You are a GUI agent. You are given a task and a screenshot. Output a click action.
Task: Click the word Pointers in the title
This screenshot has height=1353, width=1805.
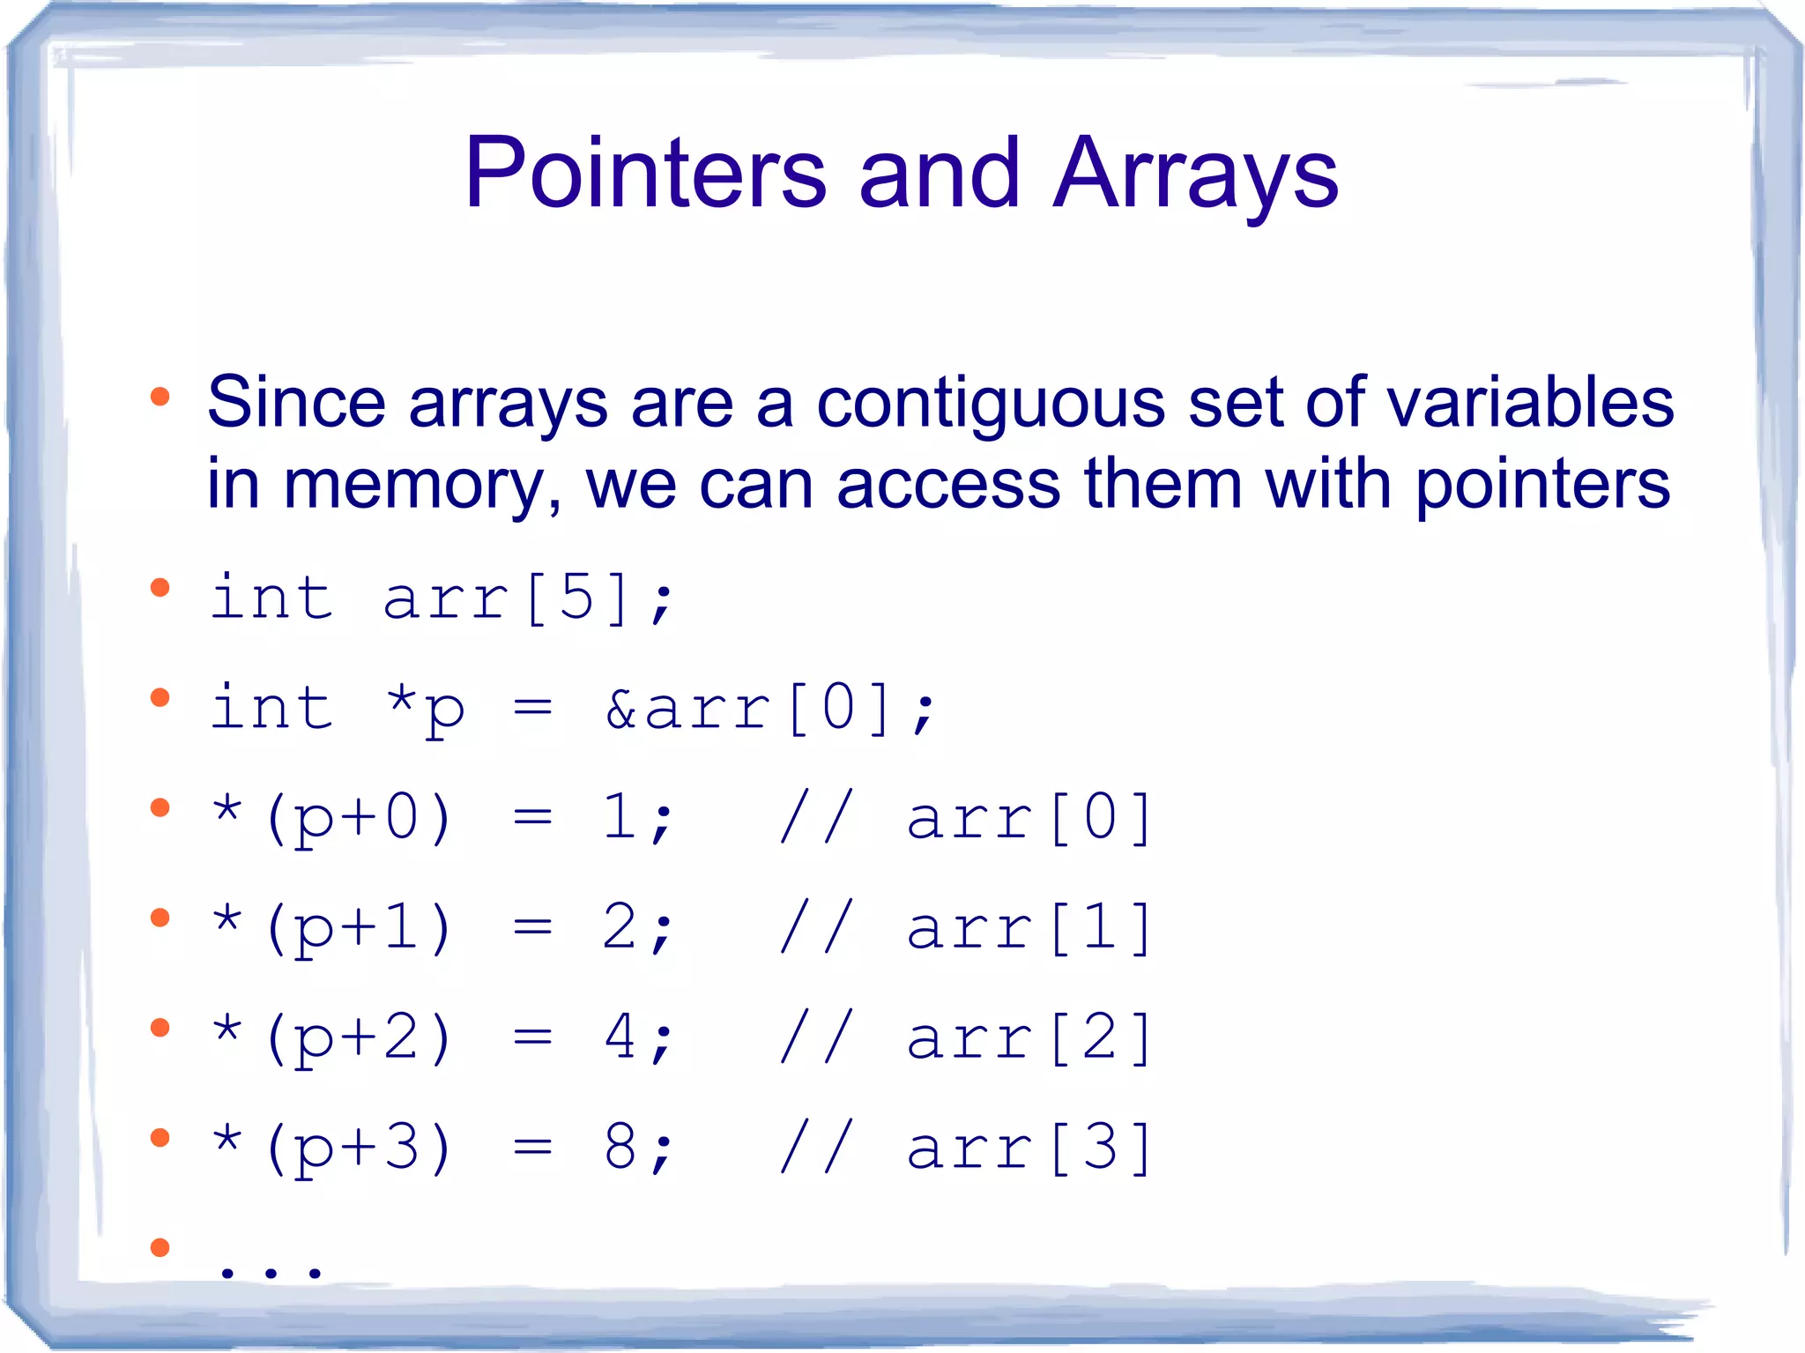click(x=645, y=174)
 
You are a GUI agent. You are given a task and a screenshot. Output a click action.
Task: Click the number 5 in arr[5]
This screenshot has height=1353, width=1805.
click(x=577, y=598)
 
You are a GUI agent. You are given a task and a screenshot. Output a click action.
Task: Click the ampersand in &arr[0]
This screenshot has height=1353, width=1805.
click(x=620, y=709)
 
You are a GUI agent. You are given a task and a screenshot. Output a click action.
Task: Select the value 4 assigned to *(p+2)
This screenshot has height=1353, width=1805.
click(x=620, y=1037)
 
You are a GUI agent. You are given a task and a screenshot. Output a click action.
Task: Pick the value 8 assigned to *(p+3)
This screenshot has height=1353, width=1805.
click(x=620, y=1148)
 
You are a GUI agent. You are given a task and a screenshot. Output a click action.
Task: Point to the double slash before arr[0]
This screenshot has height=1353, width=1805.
click(x=816, y=818)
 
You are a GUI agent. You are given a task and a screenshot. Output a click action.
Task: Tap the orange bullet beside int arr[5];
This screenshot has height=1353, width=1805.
click(x=160, y=588)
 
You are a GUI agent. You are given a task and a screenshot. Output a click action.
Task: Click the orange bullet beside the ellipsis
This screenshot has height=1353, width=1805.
click(x=160, y=1247)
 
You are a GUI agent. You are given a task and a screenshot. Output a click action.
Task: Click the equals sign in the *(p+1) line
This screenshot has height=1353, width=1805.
click(x=533, y=928)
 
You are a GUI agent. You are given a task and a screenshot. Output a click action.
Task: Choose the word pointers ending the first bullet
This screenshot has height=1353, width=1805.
click(x=1541, y=486)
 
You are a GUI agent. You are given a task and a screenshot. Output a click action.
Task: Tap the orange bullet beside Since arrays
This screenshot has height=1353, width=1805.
click(x=160, y=397)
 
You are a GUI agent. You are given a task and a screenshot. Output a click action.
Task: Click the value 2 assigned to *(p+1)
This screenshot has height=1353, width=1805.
click(x=620, y=927)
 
